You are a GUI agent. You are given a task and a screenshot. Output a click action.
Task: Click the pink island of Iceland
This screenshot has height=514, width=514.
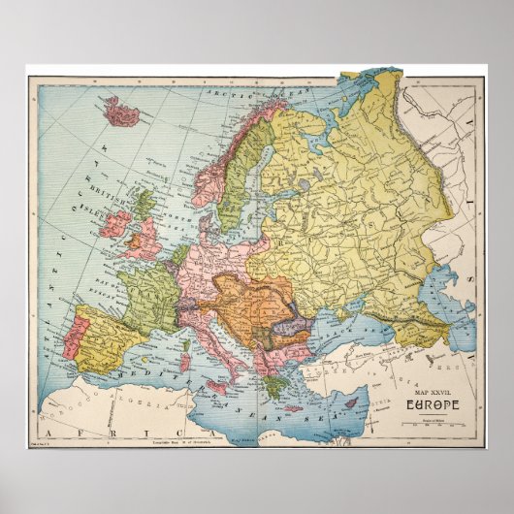coord(122,111)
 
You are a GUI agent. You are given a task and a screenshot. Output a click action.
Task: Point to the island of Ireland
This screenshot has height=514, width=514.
coord(115,225)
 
